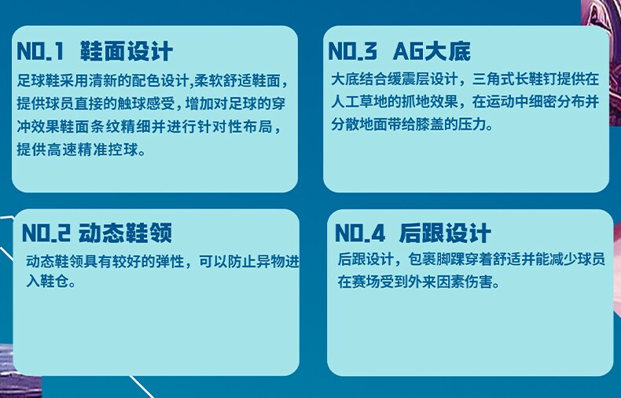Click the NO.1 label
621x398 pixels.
[x=39, y=52]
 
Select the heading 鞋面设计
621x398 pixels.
[x=127, y=52]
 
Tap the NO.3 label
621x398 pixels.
[x=352, y=52]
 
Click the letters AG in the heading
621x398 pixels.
[x=408, y=52]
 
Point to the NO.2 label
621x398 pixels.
[x=46, y=233]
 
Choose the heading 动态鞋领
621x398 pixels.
[x=125, y=233]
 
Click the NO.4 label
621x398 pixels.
[x=359, y=233]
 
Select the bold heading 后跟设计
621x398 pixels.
[x=445, y=233]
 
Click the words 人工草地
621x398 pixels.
[x=359, y=102]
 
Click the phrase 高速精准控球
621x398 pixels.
[x=93, y=149]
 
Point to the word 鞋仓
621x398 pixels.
[x=55, y=282]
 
